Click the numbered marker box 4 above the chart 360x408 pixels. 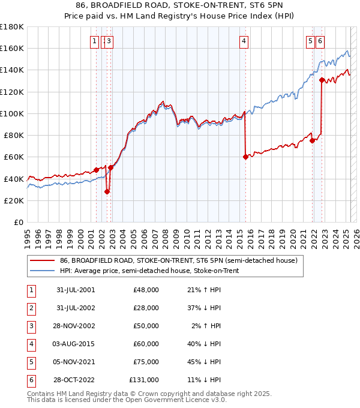tap(244, 41)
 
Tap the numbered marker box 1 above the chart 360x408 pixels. tap(95, 41)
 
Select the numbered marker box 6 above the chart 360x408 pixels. tap(320, 41)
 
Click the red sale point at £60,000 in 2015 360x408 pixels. tap(245, 157)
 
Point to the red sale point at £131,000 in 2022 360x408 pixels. tap(322, 80)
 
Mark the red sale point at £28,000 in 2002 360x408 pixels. tap(107, 192)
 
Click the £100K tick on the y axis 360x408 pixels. tap(12, 113)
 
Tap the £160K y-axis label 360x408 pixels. tap(12, 48)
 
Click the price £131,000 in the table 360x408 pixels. tap(144, 380)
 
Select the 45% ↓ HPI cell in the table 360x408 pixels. tap(205, 362)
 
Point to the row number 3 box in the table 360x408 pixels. tap(30, 327)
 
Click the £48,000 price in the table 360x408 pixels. tap(146, 290)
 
